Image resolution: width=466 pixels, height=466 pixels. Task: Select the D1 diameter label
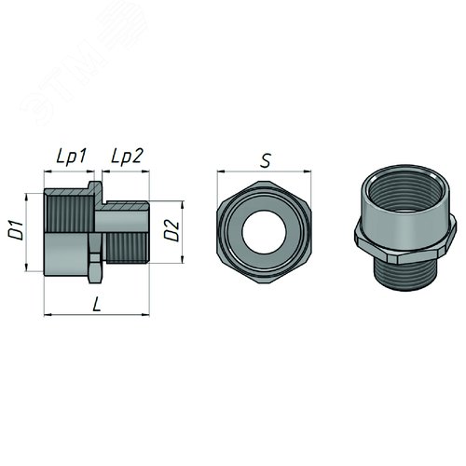[x=16, y=231]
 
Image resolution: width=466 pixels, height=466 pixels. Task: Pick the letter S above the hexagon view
[x=266, y=159]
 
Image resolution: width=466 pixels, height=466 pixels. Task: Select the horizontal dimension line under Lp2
[x=129, y=173]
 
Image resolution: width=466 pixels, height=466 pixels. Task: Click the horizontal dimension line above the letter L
[x=98, y=314]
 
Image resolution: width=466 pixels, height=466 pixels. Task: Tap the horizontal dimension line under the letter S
[x=265, y=172]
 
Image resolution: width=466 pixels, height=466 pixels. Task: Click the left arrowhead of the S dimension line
[x=220, y=172]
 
